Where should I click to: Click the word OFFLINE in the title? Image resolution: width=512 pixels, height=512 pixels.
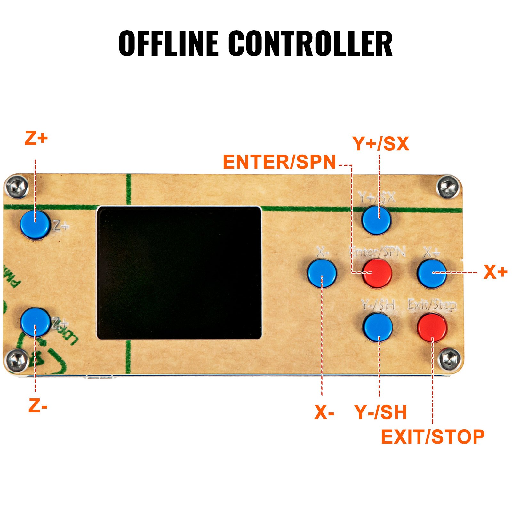point(169,44)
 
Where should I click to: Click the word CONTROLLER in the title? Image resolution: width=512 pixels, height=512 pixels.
point(310,44)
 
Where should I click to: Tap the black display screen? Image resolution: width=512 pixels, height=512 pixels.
point(179,273)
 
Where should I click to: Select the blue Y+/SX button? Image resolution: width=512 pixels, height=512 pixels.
point(377,220)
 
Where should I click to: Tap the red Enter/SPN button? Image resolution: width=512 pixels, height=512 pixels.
point(378,273)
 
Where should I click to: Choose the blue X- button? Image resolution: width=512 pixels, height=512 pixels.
point(322,273)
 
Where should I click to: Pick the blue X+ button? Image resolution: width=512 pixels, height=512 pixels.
point(432,273)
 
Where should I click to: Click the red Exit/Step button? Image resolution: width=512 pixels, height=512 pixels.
point(432,327)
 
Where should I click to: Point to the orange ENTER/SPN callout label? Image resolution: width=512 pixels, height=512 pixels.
point(279,162)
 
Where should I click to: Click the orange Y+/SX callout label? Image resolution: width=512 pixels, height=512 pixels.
point(381,144)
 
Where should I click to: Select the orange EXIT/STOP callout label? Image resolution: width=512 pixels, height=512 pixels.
point(433,437)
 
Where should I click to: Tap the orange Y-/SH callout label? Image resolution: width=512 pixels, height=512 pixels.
point(380,412)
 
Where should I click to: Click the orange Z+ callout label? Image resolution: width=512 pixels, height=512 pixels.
point(36,139)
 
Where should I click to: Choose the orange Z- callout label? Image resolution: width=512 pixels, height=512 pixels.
point(38,406)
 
